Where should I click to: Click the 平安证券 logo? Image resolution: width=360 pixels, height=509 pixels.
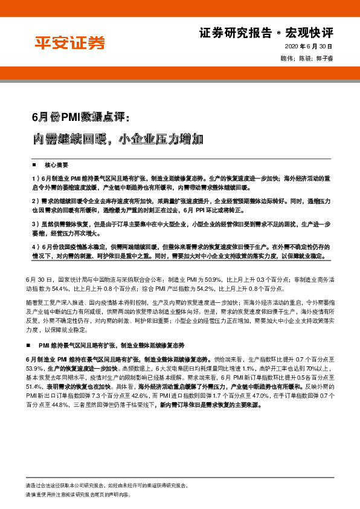[69, 43]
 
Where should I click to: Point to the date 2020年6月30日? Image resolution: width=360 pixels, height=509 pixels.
[309, 47]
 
